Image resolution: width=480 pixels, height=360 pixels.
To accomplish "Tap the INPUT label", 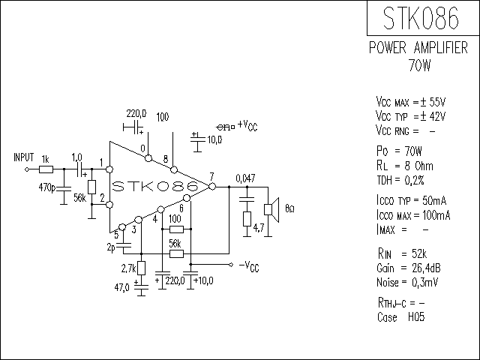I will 24,157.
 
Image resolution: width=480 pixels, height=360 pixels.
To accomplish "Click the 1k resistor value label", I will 46,159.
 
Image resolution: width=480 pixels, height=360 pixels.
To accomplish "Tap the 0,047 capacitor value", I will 245,178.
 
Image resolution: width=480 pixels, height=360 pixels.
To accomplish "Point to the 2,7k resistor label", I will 127,268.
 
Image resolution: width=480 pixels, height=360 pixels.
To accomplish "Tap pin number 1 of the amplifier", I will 102,162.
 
